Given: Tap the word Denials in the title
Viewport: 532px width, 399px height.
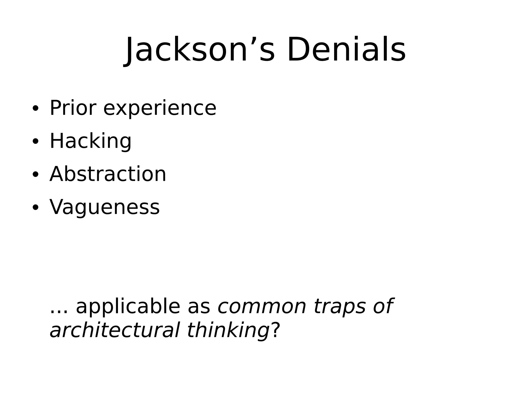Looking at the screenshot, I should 346,50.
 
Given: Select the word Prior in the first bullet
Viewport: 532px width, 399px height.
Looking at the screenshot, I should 73,108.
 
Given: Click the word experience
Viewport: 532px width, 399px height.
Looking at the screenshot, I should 160,109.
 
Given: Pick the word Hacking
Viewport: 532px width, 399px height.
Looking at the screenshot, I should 90,141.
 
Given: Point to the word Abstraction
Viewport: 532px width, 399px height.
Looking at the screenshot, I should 108,174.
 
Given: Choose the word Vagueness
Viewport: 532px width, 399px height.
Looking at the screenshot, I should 104,207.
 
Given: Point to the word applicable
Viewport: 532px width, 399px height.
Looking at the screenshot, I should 128,307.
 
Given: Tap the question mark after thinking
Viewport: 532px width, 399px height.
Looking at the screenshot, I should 275,330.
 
